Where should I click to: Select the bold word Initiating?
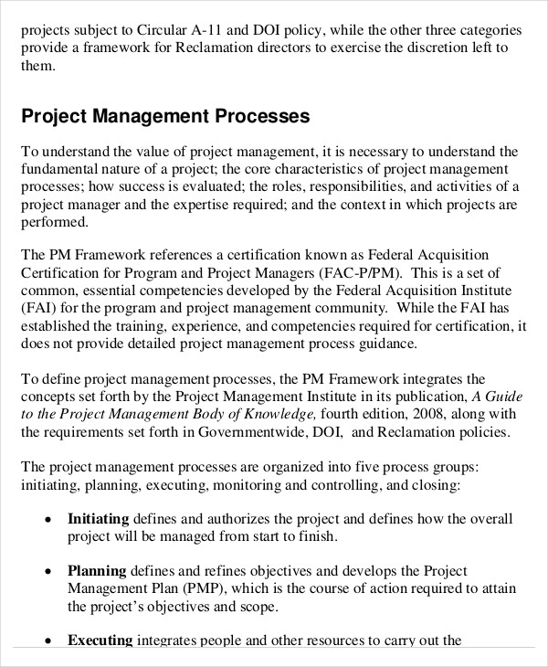point(99,519)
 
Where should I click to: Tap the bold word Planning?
point(97,571)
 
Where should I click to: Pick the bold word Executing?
point(100,641)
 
